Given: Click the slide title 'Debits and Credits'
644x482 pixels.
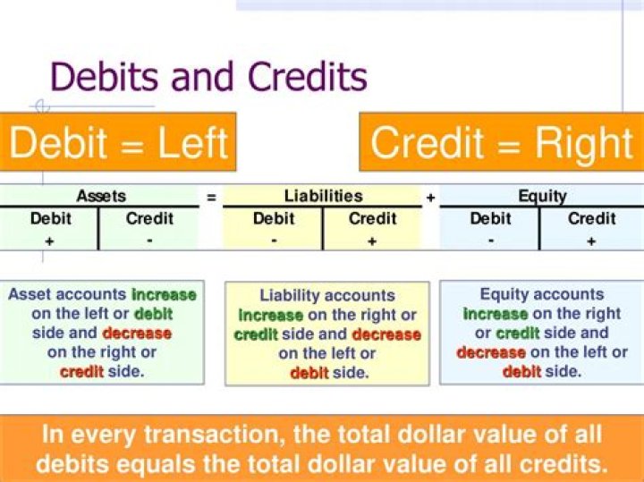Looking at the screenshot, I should coord(208,77).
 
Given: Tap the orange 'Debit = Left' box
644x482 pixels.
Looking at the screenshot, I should coord(119,142).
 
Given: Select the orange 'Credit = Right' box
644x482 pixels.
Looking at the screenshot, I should coord(501,142).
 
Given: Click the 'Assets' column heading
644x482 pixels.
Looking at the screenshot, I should coord(101,196).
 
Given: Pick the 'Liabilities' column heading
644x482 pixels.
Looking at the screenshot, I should coord(324,196).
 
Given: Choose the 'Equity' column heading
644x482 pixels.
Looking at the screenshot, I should coord(542,196).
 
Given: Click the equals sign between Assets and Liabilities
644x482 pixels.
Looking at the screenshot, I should coord(211,197).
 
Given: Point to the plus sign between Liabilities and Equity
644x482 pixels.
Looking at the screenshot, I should coord(430,197).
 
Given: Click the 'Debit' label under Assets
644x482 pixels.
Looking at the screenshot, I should coord(51,218).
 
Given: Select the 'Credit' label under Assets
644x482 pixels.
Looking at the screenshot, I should coord(150,218).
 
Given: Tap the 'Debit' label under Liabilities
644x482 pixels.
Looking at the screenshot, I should coord(274,218).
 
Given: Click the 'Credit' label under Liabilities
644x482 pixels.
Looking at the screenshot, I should coord(373,218).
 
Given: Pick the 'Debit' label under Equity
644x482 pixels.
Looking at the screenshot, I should coord(491,218).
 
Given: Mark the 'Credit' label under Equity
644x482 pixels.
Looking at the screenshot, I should coord(591,218).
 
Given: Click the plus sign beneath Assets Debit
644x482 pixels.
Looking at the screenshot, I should coord(50,241).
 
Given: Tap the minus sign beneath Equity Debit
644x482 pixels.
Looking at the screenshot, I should coord(491,241).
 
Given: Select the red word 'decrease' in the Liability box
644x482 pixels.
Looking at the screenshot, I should coord(386,334).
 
